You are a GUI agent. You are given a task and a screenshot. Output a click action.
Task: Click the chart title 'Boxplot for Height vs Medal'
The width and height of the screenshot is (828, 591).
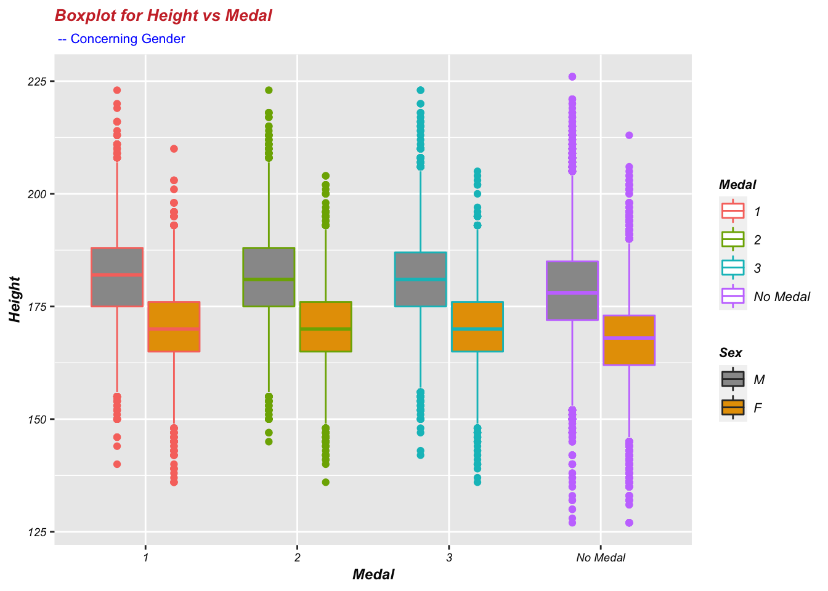pos(163,16)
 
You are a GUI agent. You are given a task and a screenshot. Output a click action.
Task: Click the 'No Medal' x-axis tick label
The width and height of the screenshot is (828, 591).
pos(601,558)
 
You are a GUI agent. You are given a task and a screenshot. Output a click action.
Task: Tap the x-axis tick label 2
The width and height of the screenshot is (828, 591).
pos(298,558)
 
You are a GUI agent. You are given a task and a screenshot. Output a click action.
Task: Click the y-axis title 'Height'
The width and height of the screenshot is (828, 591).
pos(15,299)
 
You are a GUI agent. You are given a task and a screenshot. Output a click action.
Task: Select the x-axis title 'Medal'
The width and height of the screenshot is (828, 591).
pos(373,575)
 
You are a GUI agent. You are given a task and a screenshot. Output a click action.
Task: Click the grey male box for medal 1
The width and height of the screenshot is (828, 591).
pos(117,277)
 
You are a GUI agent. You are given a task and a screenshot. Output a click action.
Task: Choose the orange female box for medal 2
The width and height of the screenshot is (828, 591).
pos(325,326)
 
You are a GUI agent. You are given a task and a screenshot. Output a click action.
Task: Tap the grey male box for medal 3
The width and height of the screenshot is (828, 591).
pos(420,279)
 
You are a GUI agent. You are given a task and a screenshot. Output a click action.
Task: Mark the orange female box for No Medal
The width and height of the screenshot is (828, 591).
pos(629,340)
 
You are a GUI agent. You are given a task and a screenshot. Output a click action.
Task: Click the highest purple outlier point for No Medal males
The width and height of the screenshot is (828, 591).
pos(572,77)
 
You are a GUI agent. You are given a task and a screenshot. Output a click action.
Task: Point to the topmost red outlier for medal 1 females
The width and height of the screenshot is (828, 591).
pos(174,148)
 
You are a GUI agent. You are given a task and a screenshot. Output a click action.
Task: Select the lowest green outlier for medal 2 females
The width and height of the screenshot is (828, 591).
pos(325,482)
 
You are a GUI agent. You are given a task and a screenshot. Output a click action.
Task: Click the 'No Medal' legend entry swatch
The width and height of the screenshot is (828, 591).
pos(733,296)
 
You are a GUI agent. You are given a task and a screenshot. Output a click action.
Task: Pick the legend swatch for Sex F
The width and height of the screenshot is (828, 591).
pos(733,407)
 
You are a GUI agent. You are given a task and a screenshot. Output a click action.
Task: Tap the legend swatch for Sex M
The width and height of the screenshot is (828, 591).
pos(733,379)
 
